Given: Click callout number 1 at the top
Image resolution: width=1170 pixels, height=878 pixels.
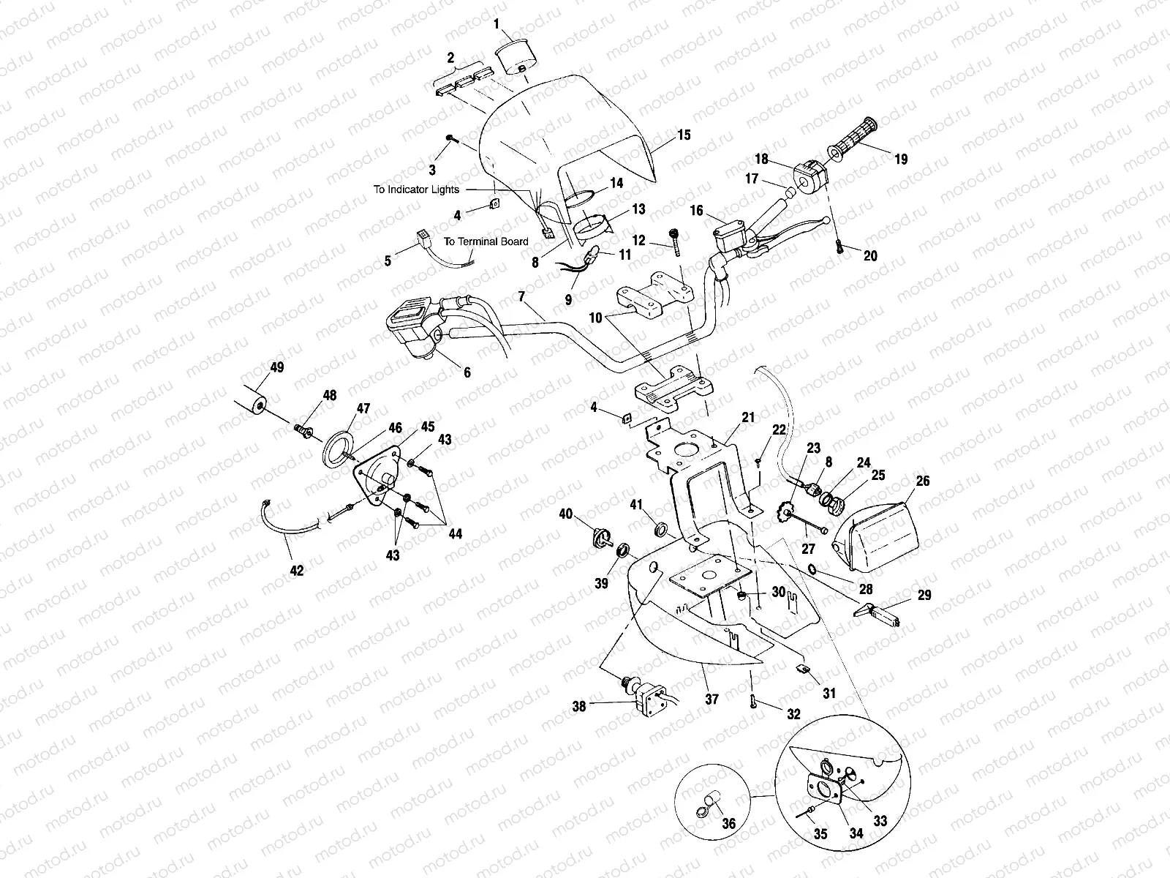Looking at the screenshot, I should pos(497,24).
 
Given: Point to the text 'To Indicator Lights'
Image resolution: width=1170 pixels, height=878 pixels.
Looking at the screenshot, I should pos(416,190).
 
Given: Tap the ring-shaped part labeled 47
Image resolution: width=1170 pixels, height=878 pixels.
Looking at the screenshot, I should pos(339,449).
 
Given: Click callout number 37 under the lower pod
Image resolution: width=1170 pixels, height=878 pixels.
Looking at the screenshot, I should pos(712,699).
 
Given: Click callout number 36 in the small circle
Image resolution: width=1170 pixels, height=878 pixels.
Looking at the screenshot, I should pos(728,824).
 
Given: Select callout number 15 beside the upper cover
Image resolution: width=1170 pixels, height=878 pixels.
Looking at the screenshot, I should pos(684,135).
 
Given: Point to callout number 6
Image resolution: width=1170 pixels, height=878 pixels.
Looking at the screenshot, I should pos(467,372).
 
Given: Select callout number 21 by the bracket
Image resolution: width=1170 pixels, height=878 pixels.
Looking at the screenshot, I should pos(747,418).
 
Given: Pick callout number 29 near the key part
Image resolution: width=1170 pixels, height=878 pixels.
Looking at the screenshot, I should pos(924,596).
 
